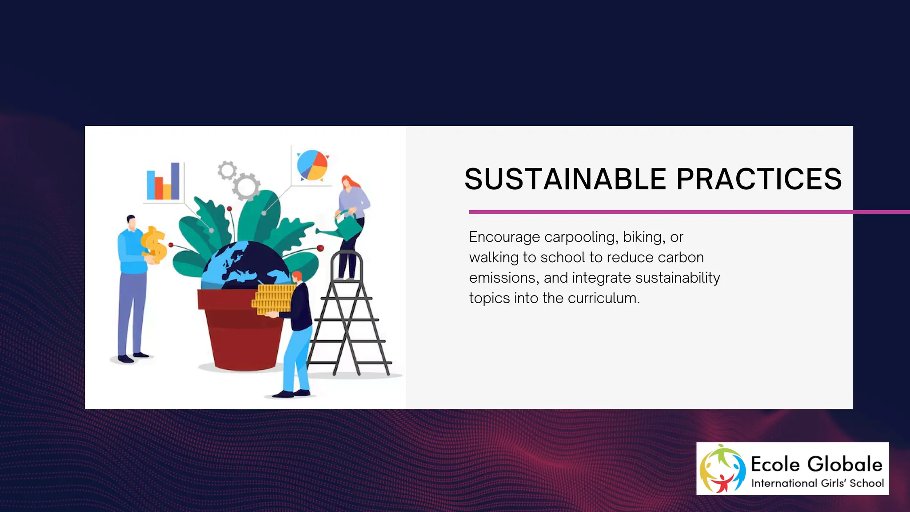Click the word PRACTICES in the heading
click(759, 180)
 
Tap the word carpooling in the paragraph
click(581, 237)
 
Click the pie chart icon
click(312, 165)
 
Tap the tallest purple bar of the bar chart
click(175, 180)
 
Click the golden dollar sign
click(154, 244)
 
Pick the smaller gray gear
click(227, 170)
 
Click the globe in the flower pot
click(242, 267)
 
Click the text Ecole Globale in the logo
click(816, 464)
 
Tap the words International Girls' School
click(817, 483)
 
